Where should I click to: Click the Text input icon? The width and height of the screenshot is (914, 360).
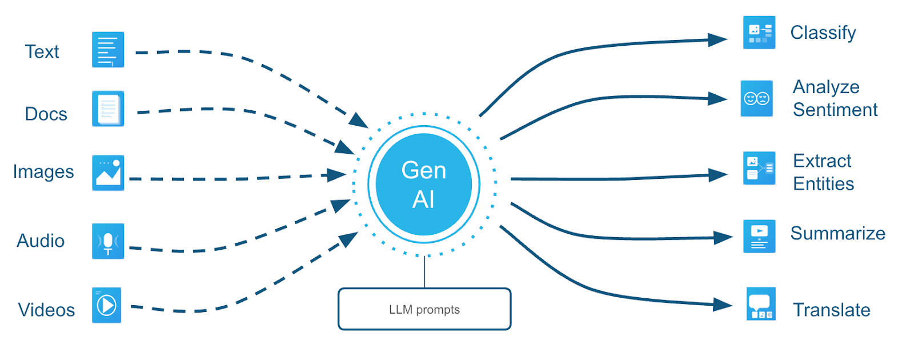[108, 50]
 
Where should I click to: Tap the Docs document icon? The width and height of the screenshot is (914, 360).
[108, 109]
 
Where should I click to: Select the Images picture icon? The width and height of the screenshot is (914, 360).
[108, 173]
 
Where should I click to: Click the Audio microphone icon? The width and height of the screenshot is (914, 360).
[108, 241]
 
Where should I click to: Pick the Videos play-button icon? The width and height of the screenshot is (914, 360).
[107, 305]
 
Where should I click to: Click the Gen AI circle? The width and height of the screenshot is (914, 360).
[424, 185]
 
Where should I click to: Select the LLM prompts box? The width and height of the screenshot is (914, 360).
[424, 309]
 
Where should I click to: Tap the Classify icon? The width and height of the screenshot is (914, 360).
[759, 33]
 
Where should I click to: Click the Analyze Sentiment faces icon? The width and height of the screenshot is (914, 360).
[757, 98]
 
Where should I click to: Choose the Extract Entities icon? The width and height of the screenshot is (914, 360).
[759, 168]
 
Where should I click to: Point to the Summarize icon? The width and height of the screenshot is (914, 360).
[759, 236]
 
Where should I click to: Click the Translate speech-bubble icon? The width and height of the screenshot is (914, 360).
[761, 304]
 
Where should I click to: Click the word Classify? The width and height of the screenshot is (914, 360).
[823, 33]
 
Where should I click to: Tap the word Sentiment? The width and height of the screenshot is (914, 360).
[835, 110]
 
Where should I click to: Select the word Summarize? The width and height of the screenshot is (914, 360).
[837, 233]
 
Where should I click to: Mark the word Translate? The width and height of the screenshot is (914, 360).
[832, 310]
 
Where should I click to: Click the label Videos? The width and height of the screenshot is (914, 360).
[47, 310]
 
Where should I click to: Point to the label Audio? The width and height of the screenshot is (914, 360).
[41, 241]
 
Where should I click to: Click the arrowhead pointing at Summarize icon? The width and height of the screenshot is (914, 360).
[723, 237]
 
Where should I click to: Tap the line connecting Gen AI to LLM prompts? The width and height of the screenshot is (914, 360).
[424, 273]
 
